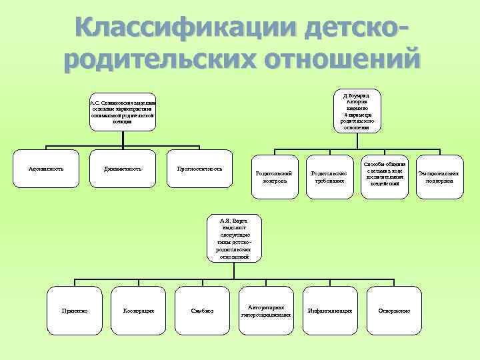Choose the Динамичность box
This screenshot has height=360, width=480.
point(122,169)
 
